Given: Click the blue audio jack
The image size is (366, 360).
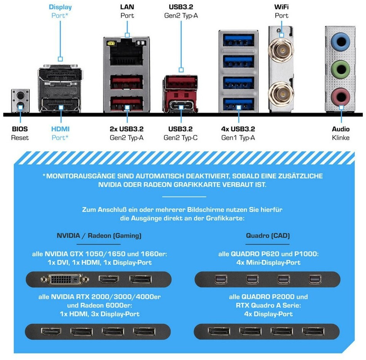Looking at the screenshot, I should click(x=341, y=39).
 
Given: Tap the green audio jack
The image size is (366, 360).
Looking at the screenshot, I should click(x=341, y=69).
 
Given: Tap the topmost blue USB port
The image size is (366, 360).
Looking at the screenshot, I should click(x=238, y=40).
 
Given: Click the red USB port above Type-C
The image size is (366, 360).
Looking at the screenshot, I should click(x=180, y=83).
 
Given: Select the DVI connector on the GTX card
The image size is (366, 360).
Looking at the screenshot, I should click(x=65, y=279).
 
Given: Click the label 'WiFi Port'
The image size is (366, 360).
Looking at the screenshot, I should click(x=281, y=11).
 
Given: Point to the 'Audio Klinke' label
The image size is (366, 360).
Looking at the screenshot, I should click(x=341, y=133).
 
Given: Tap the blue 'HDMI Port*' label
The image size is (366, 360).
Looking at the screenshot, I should click(x=60, y=133).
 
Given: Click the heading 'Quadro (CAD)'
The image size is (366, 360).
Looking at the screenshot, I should click(x=268, y=235).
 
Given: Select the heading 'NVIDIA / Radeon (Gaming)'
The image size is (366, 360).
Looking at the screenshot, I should click(x=99, y=235).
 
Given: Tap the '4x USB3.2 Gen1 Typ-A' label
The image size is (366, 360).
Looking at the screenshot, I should click(x=238, y=133).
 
